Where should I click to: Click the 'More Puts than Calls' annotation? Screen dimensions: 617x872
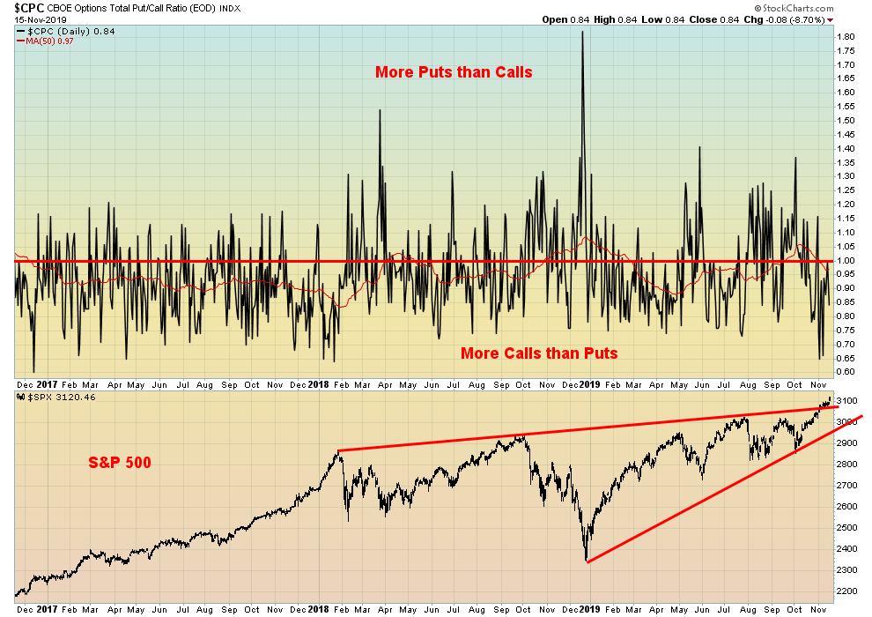tap(454, 72)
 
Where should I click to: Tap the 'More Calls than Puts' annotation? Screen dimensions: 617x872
tap(539, 353)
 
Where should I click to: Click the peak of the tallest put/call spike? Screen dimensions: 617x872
tap(582, 32)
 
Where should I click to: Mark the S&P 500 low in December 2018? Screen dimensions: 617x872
tap(587, 561)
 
